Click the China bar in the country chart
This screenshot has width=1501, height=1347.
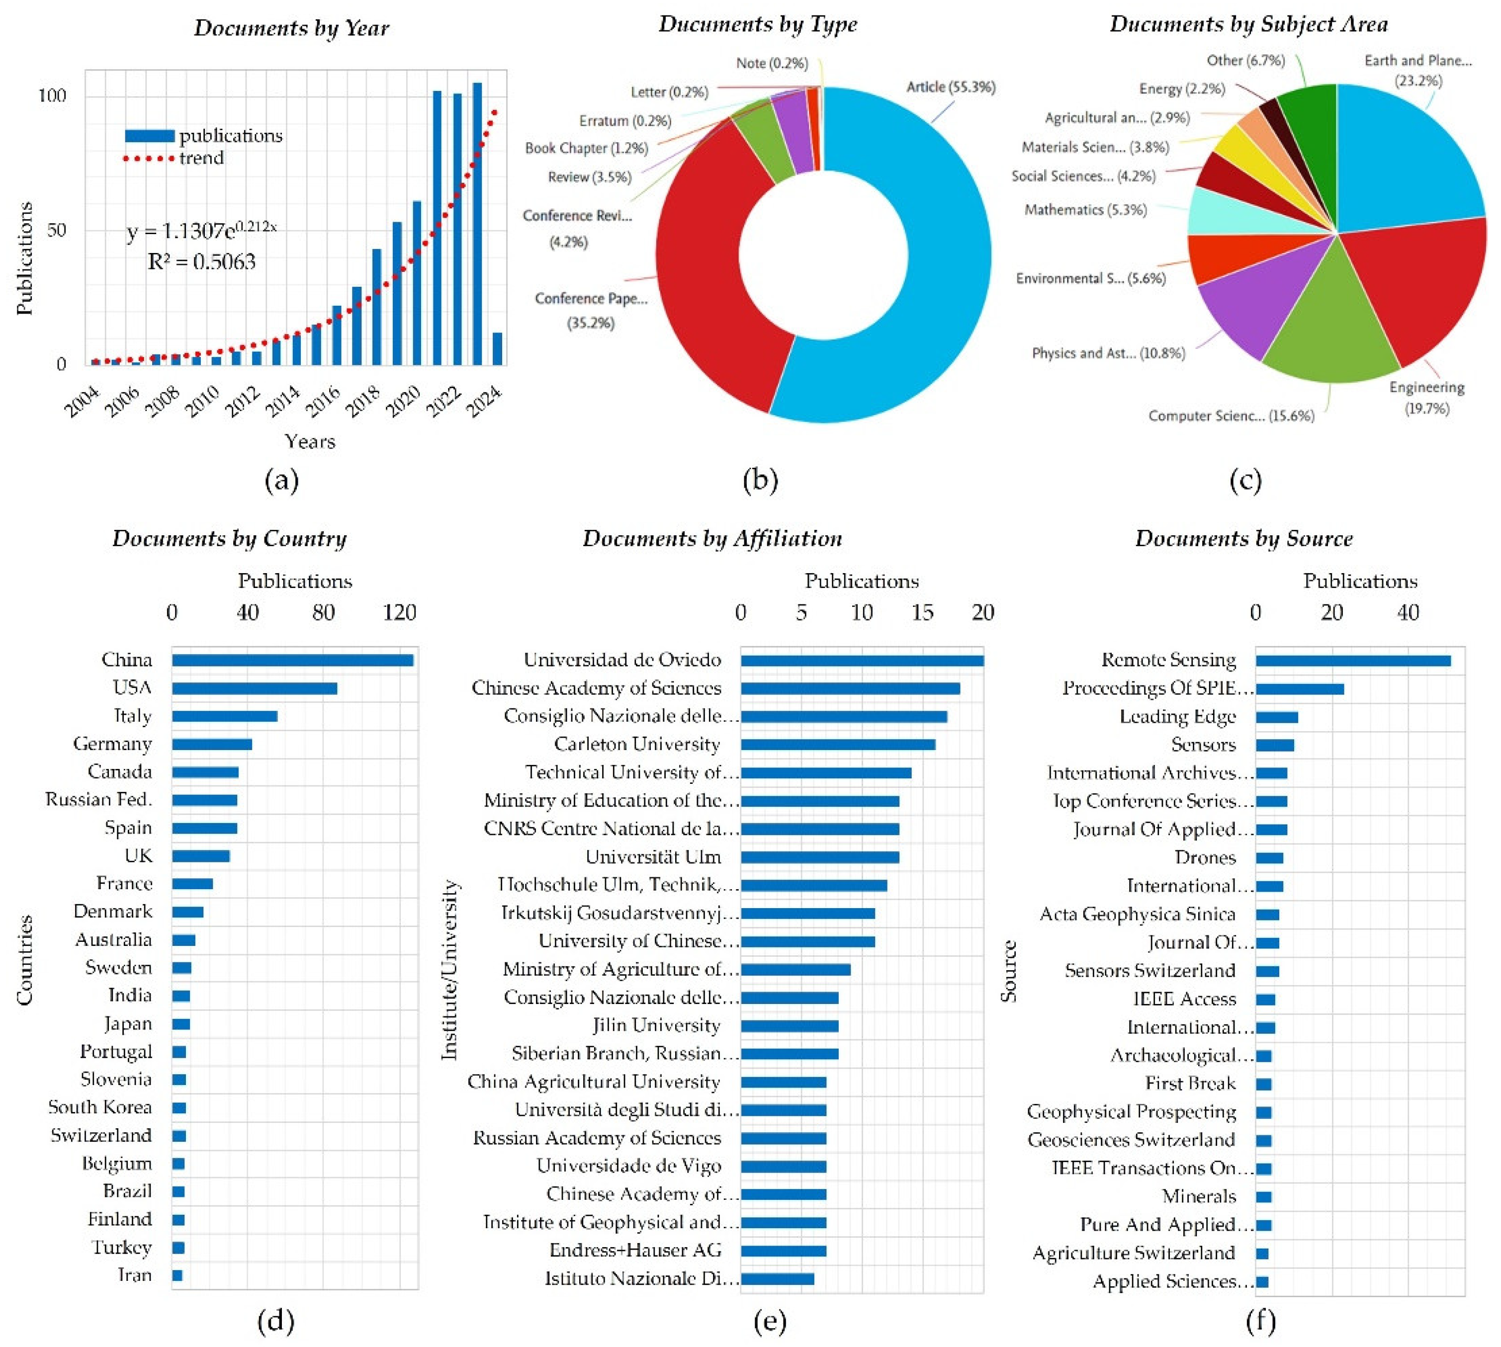(x=292, y=660)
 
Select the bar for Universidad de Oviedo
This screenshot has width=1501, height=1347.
(x=862, y=660)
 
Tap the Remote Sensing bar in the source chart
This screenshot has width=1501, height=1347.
(x=1352, y=660)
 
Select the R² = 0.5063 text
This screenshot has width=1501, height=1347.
(x=201, y=262)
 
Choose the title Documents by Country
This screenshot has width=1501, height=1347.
(x=229, y=538)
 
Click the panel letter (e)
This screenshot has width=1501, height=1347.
(x=770, y=1320)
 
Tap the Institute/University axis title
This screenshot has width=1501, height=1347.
(x=449, y=970)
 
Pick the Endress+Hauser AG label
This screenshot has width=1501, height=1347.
(x=635, y=1250)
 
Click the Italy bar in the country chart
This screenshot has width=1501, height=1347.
(x=224, y=716)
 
